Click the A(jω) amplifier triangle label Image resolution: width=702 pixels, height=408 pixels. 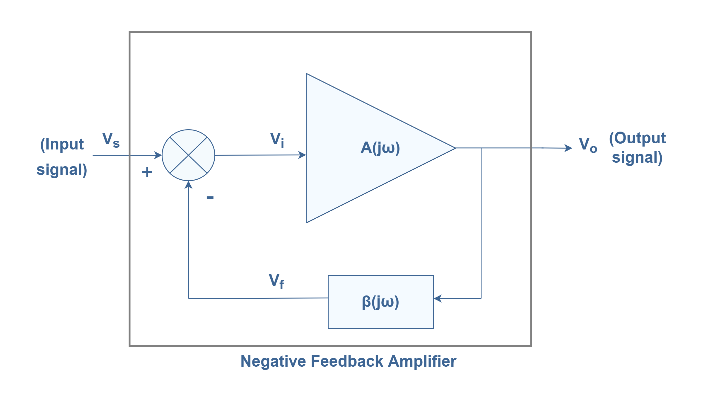coord(380,148)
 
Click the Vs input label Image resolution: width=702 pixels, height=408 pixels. coord(111,140)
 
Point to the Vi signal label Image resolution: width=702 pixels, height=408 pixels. coord(277,140)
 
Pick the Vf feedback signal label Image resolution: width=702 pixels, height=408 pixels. coord(276,281)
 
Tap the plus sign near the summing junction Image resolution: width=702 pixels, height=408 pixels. coord(147,172)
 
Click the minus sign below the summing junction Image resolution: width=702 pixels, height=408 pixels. coord(210,198)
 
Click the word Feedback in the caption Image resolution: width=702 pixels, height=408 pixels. coord(347,361)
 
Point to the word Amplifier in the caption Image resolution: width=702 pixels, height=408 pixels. coord(422,361)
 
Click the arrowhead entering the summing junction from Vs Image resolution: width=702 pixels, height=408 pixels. coord(158,155)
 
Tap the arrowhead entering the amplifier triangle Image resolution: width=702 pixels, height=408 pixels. coord(302,155)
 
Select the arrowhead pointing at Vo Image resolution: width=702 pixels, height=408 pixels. coord(568,148)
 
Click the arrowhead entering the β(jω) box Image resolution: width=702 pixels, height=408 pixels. coord(438,298)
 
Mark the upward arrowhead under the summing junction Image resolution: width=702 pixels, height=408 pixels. coord(188,185)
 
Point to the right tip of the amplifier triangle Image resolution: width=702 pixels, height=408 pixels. coord(456,148)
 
